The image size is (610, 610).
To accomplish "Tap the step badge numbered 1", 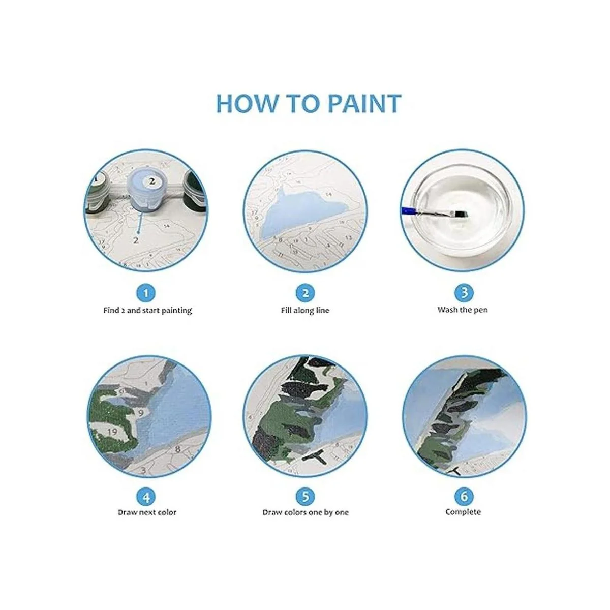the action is pos(146,293).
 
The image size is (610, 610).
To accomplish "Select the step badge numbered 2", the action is pos(305,293).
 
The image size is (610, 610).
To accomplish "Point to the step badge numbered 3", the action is pos(464,292).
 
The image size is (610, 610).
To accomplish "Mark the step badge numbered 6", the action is pos(464,497).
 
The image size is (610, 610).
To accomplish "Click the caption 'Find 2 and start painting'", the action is pos(147,310).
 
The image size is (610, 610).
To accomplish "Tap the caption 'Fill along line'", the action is pos(305,310).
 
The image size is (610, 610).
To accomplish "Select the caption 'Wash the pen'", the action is pos(463,310).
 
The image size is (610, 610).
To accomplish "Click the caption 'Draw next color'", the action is pos(147,512).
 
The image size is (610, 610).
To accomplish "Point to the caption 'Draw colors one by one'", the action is pos(306,512).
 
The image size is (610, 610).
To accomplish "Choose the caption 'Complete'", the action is pos(463,512).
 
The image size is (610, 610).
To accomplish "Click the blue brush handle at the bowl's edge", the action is pos(406,210).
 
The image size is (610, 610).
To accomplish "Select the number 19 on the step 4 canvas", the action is pos(112,432).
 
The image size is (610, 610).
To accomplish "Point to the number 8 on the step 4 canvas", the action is pos(177,448).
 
